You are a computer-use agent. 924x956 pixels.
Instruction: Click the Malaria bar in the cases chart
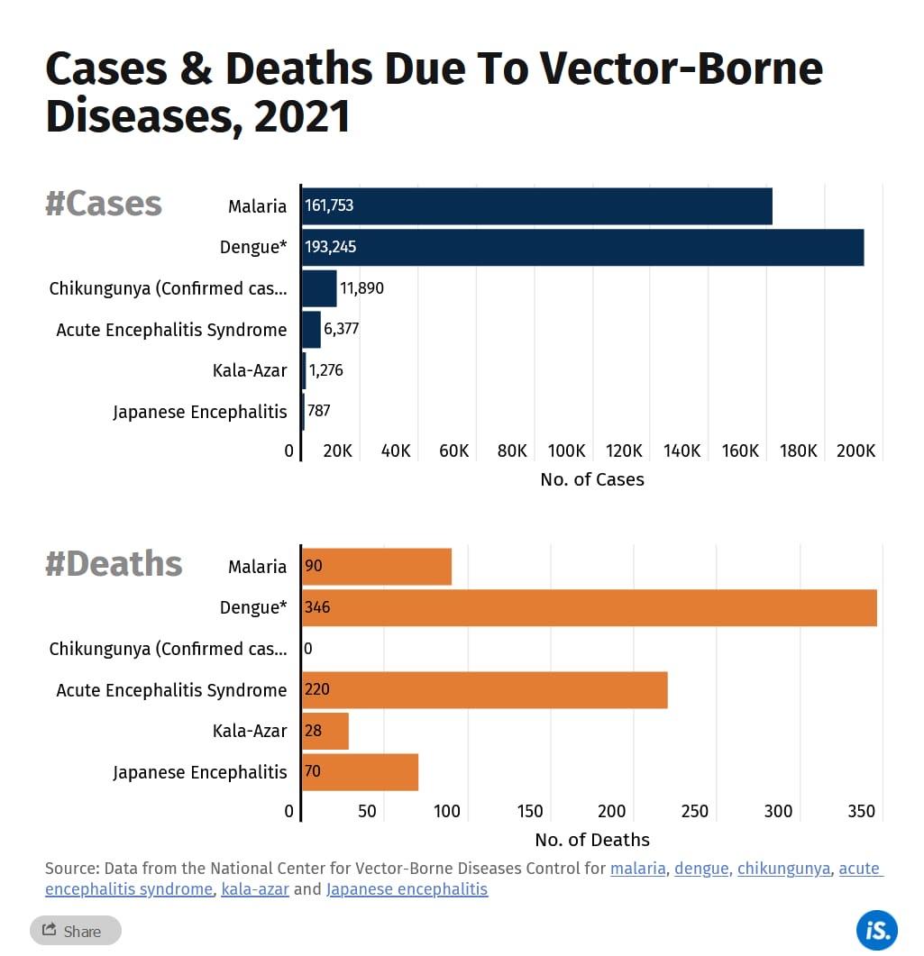tap(537, 206)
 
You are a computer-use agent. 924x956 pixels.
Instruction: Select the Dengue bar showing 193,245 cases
tap(582, 247)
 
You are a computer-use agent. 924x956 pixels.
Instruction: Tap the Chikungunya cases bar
tap(319, 288)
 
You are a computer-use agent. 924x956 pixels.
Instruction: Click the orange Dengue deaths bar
tap(590, 607)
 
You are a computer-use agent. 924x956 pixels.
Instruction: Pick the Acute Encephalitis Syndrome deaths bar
tap(485, 690)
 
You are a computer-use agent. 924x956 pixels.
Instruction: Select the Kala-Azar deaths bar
tap(325, 731)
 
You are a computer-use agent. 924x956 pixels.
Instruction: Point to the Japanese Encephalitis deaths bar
tap(361, 772)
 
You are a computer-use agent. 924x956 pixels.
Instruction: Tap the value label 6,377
tap(342, 329)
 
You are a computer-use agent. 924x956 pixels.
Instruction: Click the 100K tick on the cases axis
tap(567, 451)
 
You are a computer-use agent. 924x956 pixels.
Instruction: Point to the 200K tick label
tap(855, 451)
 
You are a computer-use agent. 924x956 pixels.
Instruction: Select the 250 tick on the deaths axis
tap(695, 811)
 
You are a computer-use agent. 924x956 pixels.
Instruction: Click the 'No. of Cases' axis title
tap(592, 479)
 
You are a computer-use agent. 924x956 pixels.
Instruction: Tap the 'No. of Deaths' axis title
tap(592, 840)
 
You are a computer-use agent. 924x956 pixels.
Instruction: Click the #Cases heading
tap(104, 204)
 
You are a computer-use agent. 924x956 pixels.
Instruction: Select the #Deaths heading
tap(114, 564)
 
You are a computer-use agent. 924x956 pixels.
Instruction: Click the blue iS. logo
tap(876, 929)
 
